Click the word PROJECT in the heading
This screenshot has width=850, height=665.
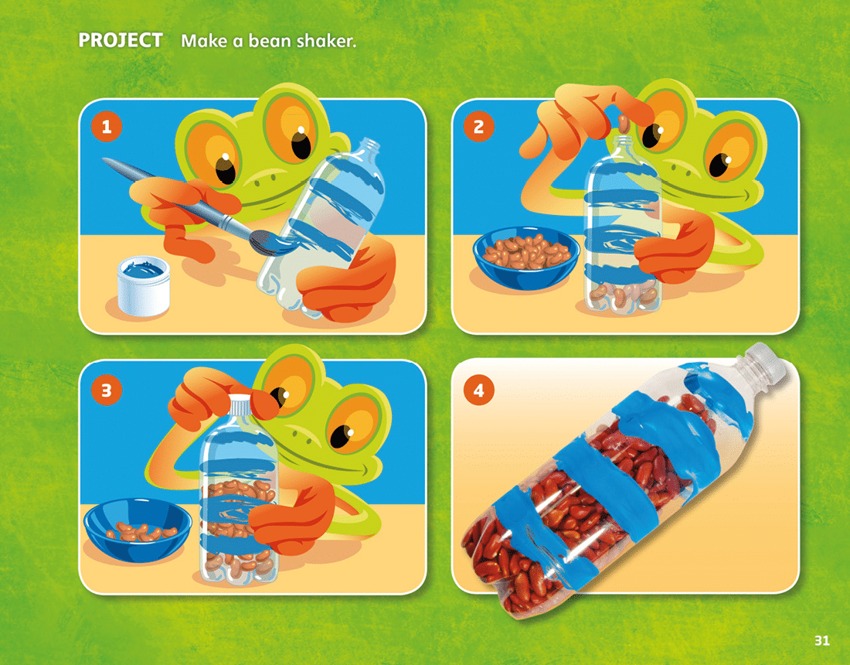[121, 40]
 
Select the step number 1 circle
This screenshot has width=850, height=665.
[107, 126]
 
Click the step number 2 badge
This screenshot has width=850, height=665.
[478, 126]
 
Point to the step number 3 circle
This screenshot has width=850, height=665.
[107, 390]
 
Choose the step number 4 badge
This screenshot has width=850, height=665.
[478, 390]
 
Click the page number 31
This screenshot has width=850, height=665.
[822, 640]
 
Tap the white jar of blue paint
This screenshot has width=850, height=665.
[144, 285]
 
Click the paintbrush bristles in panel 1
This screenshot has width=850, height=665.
[268, 242]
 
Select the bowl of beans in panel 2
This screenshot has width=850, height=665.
[525, 257]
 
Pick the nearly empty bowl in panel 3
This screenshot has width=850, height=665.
[138, 530]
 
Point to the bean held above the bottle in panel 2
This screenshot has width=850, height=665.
[624, 124]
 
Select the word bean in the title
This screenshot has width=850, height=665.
[270, 41]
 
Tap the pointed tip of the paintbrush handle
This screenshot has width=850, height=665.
[104, 159]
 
